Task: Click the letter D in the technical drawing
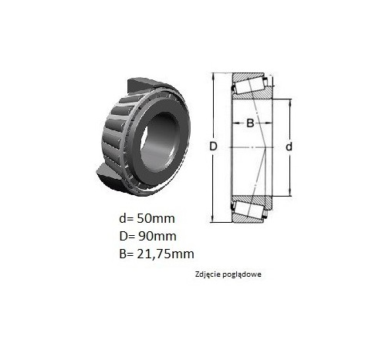(x=213, y=146)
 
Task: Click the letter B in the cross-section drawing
(x=250, y=123)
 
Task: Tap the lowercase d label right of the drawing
(x=289, y=146)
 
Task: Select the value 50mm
(x=156, y=219)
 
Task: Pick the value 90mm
(x=157, y=237)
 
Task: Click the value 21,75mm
(x=166, y=254)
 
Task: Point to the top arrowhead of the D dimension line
(x=213, y=76)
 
